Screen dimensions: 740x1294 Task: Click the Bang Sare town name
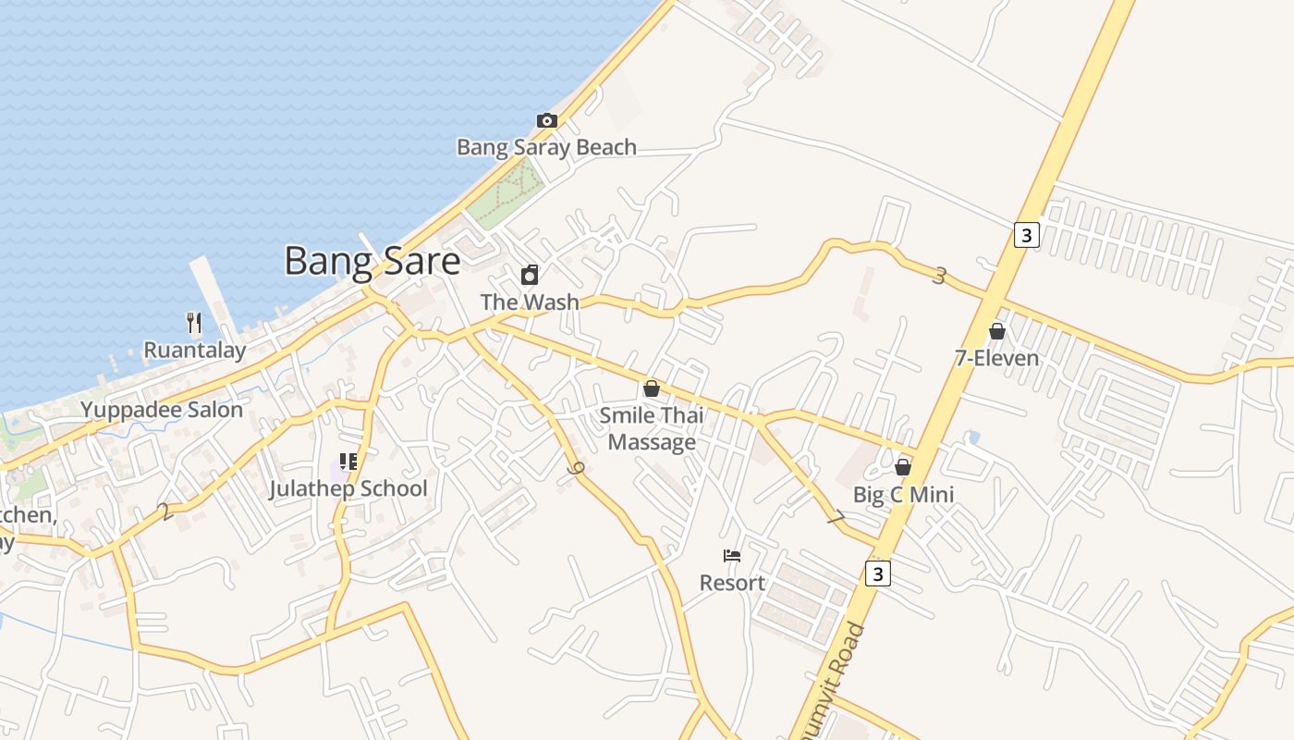(x=372, y=261)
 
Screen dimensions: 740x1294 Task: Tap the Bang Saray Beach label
(x=546, y=147)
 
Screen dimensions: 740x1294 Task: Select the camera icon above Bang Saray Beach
(x=547, y=120)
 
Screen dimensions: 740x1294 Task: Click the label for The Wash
(x=530, y=302)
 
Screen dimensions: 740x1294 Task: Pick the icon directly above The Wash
(x=530, y=275)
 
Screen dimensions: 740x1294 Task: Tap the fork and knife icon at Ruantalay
(x=194, y=323)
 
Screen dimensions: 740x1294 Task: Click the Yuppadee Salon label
(x=162, y=410)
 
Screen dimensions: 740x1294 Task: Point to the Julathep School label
(x=348, y=488)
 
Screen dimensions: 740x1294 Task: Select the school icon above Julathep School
(x=348, y=461)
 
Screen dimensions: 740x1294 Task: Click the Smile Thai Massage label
(x=652, y=428)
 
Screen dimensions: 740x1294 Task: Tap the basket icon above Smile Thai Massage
(x=652, y=388)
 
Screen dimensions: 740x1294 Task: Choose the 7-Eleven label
(x=996, y=358)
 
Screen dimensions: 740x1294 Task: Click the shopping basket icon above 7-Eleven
(x=996, y=330)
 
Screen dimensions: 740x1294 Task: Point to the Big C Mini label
(x=903, y=495)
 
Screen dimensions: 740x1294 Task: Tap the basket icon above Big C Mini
(x=903, y=467)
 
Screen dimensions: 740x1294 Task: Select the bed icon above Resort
(x=732, y=556)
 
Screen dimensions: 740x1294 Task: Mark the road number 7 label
(x=836, y=519)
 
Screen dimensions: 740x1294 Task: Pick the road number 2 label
(x=165, y=512)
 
